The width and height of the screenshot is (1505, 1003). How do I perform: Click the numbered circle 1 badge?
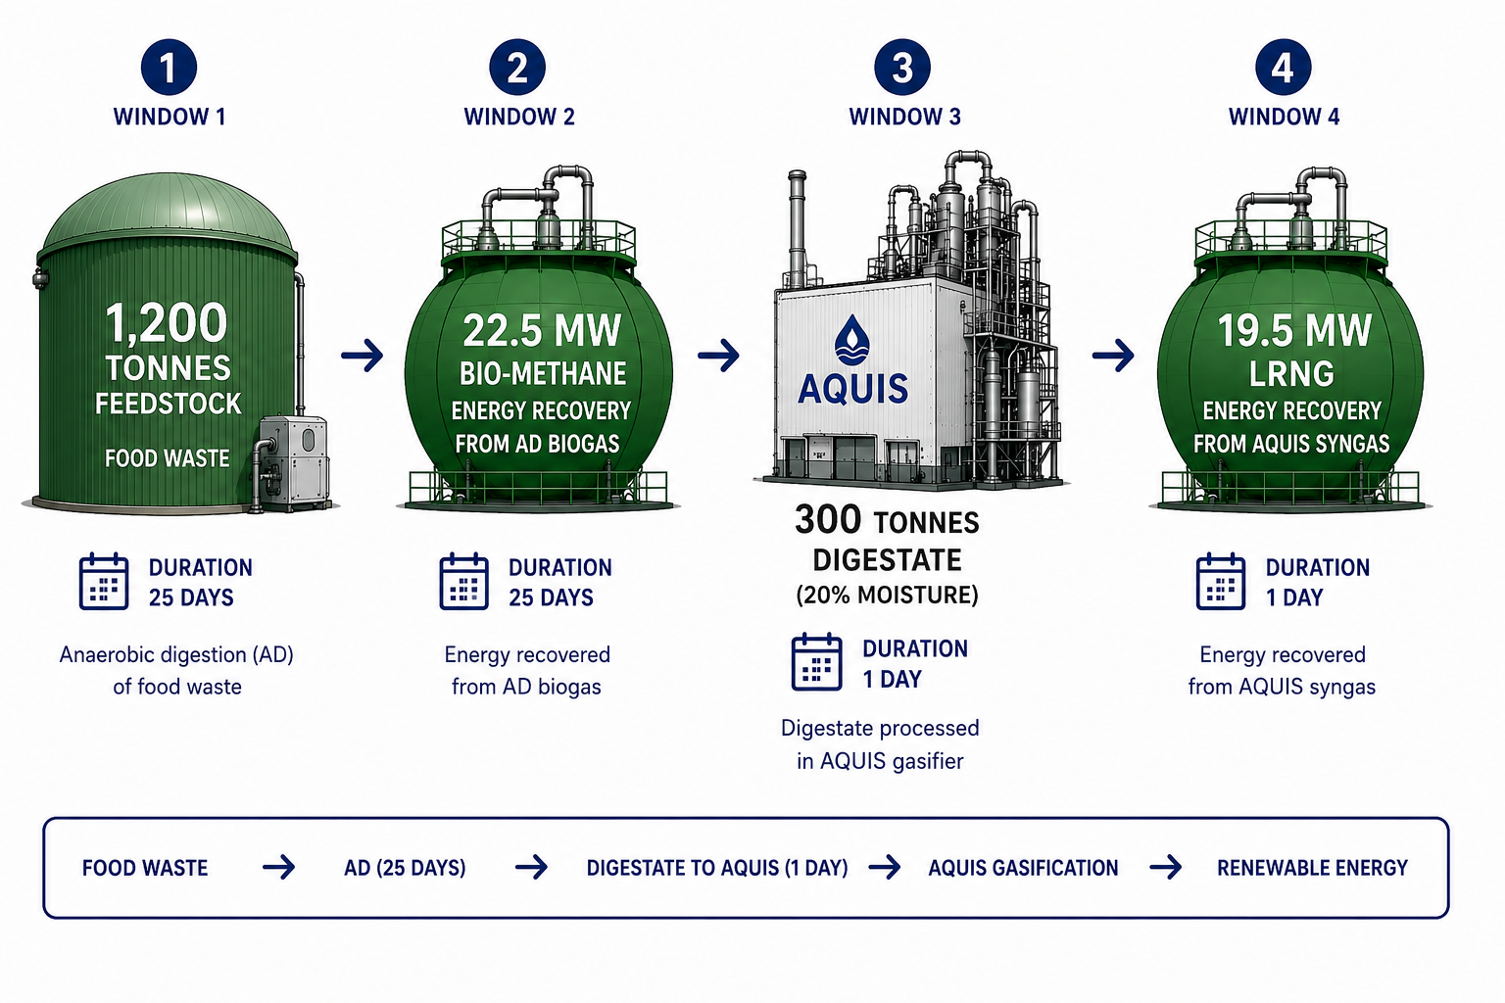(169, 68)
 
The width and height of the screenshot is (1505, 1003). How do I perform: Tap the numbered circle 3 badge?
(902, 68)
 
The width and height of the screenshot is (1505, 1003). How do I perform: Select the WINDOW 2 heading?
(519, 117)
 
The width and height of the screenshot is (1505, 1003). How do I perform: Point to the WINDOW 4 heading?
(1284, 117)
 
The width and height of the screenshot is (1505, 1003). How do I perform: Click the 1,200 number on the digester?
(167, 323)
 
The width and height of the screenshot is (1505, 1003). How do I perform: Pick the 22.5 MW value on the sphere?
(542, 330)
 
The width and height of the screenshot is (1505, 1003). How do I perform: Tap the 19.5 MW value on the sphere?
(1294, 330)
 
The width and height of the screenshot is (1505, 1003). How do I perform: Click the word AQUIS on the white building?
(852, 388)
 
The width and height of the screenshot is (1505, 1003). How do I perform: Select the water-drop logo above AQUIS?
(851, 341)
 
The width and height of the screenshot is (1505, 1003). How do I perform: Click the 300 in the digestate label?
(828, 520)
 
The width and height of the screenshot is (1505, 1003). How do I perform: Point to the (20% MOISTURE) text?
(887, 596)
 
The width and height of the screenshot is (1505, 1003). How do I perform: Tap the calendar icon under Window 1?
(104, 581)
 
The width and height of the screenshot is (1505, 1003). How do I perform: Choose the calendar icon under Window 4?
(1220, 581)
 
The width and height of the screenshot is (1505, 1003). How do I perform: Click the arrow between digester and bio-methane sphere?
(363, 355)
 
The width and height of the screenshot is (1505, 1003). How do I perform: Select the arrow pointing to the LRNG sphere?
(1113, 355)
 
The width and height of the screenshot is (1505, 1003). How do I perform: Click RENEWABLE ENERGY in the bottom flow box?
(1312, 868)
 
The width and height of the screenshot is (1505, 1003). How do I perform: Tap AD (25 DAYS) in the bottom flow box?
(405, 868)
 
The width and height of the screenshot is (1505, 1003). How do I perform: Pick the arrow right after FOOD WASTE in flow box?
(279, 867)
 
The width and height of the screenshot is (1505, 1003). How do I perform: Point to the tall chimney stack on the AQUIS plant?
(797, 228)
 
